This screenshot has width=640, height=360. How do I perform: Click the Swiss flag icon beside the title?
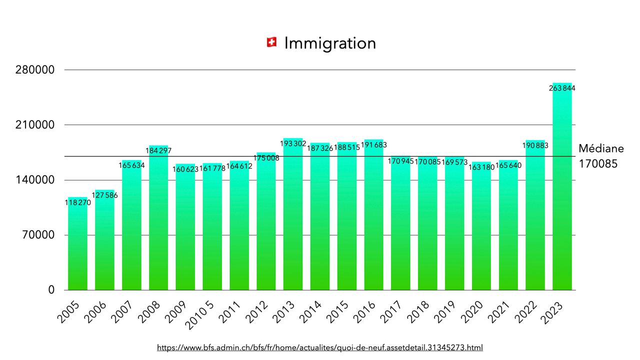coord(272,43)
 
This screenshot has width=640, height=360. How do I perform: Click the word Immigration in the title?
coord(330,43)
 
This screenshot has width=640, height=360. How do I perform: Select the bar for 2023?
coord(562,190)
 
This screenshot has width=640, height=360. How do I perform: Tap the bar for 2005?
coord(77,245)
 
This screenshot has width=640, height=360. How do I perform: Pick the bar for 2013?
coord(293,215)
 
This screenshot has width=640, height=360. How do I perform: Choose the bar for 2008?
coord(158,220)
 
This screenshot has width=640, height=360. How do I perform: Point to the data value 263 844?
coord(562,88)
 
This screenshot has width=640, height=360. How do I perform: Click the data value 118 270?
coord(77,202)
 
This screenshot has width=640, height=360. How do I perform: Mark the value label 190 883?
coord(535,145)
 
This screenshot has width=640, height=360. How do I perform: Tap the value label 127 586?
coord(104,195)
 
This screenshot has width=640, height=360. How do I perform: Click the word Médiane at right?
coord(601,148)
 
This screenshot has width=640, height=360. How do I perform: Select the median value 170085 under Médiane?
coord(598,164)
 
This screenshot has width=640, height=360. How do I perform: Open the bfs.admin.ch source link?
coord(320,347)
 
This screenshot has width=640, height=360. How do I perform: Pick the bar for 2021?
coord(508,225)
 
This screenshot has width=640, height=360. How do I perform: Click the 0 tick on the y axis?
coord(51,290)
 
